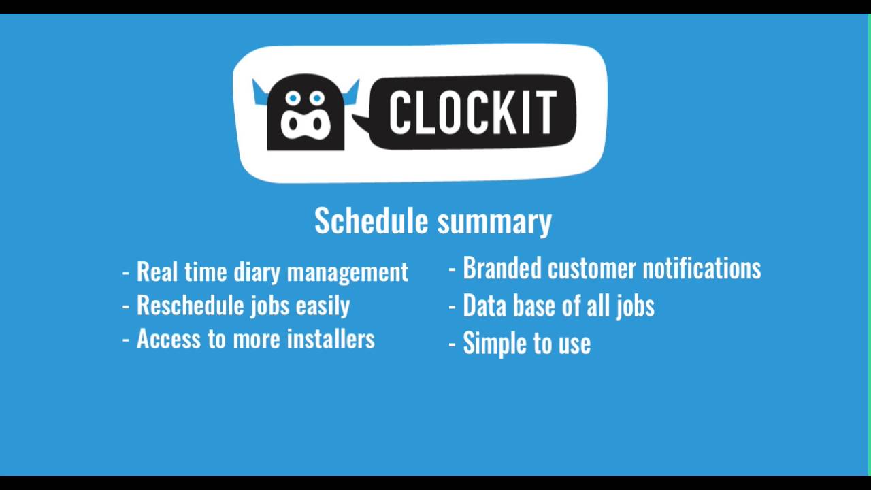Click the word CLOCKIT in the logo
click(x=473, y=112)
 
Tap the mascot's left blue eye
click(x=293, y=99)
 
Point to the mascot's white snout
click(x=306, y=125)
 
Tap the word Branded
click(x=502, y=268)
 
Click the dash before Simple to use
click(x=453, y=344)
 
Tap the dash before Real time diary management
click(x=126, y=273)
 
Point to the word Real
click(x=157, y=272)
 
